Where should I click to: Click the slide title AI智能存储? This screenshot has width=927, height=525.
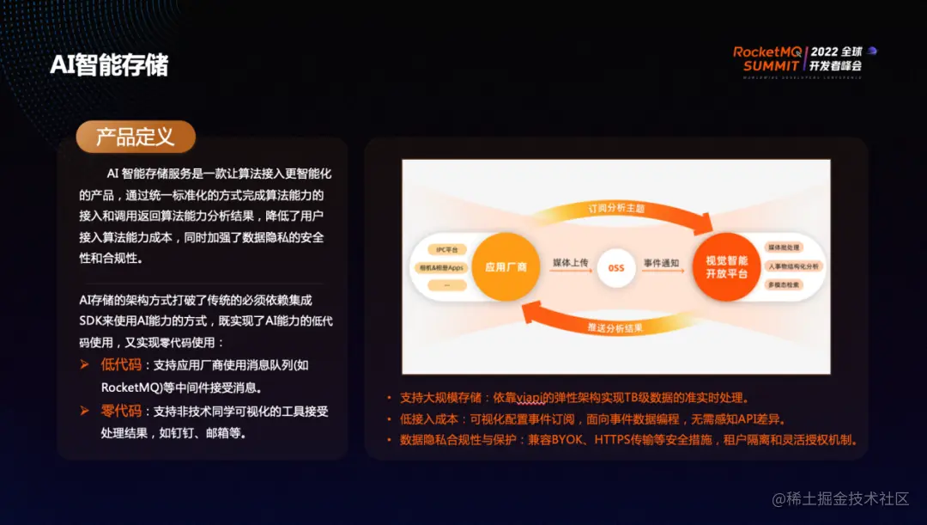coord(109,64)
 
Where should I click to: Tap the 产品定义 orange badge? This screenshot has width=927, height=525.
coord(135,137)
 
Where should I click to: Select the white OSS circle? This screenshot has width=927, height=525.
coord(615,267)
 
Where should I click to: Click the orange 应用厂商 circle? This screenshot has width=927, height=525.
coord(506,267)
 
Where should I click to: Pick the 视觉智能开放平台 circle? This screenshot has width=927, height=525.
coord(726,266)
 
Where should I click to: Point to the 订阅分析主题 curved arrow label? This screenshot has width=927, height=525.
coord(615,209)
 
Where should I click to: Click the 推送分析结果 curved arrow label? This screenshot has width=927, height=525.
coord(615,327)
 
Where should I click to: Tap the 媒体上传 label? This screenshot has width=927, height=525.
coord(569,261)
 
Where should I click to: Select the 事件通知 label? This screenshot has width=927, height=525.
coord(663,261)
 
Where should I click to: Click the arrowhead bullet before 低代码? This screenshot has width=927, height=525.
coord(85,365)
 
